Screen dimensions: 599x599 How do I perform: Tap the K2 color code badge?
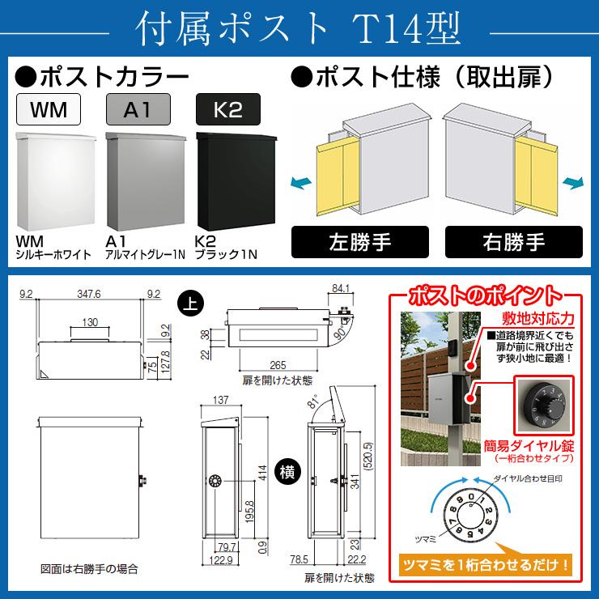(x=228, y=108)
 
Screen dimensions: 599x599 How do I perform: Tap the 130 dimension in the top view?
(x=90, y=322)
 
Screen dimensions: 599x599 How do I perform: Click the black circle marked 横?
(x=287, y=469)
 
